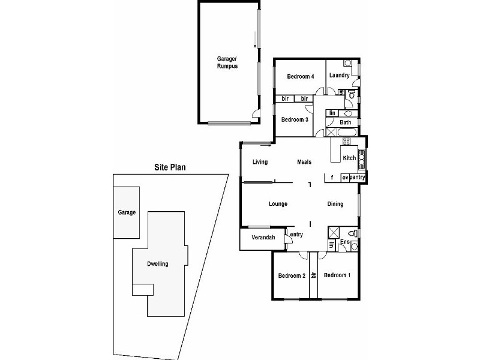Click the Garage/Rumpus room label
pyautogui.click(x=227, y=62)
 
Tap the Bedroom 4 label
pyautogui.click(x=300, y=76)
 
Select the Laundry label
pyautogui.click(x=339, y=76)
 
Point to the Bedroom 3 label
pyautogui.click(x=295, y=119)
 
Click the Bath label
pyautogui.click(x=346, y=122)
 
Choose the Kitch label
pyautogui.click(x=349, y=158)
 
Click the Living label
pyautogui.click(x=260, y=162)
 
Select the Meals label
pyautogui.click(x=304, y=162)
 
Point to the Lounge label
pyautogui.click(x=278, y=204)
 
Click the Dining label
pyautogui.click(x=335, y=204)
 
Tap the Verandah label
pyautogui.click(x=263, y=238)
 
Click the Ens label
pyautogui.click(x=345, y=242)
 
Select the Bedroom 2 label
pyautogui.click(x=292, y=275)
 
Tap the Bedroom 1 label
pyautogui.click(x=337, y=275)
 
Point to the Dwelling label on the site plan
pyautogui.click(x=157, y=264)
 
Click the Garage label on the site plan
pyautogui.click(x=127, y=212)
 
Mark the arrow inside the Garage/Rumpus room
pyautogui.click(x=255, y=41)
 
